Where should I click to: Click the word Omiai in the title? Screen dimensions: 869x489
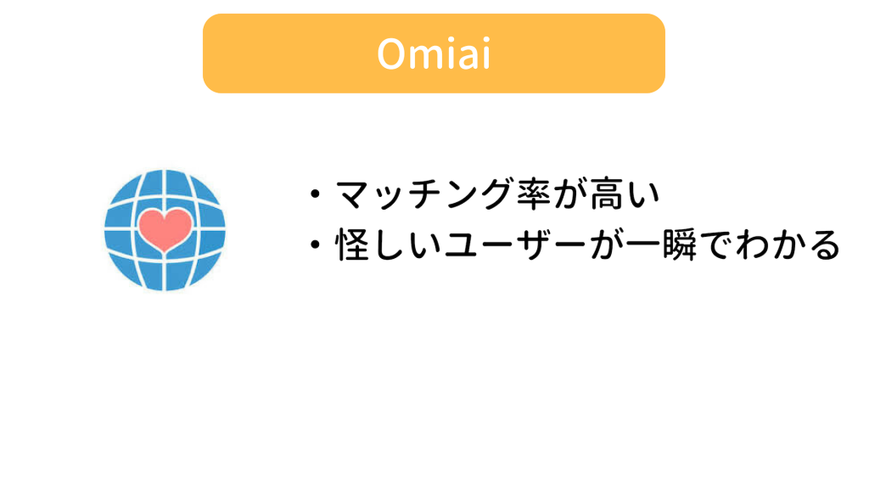(x=434, y=53)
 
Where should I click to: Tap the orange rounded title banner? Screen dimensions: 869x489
(x=434, y=53)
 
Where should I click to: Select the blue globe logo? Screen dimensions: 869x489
(x=165, y=230)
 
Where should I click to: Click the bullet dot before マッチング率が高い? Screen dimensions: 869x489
(x=316, y=194)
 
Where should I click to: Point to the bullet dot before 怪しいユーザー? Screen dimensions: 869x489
(x=316, y=244)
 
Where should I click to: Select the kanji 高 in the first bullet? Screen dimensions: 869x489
(x=606, y=194)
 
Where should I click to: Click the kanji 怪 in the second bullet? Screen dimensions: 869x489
(x=352, y=244)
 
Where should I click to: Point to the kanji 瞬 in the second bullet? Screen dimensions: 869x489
(x=680, y=244)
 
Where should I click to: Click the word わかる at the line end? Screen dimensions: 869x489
(x=788, y=244)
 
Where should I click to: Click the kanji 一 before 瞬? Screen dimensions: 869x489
(x=643, y=244)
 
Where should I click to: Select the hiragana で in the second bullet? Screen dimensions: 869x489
(x=716, y=244)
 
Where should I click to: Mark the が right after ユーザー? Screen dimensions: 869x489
(x=606, y=244)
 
